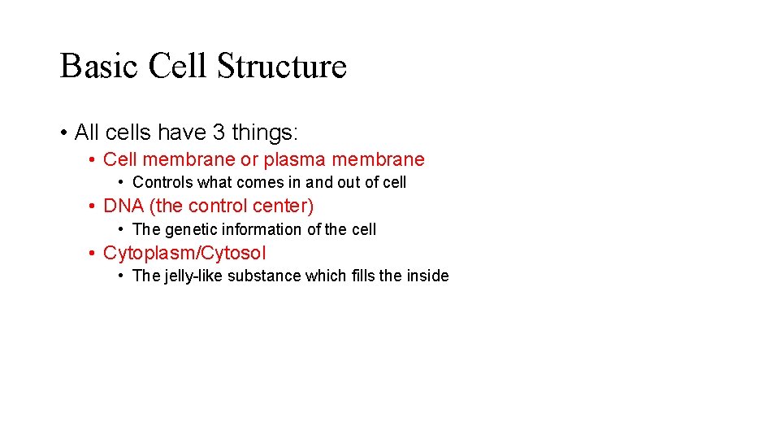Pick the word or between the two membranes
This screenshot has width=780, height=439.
coord(249,159)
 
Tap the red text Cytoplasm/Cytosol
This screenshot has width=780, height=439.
coord(184,253)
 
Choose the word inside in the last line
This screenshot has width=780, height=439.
coord(427,276)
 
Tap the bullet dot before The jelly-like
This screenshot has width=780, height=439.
coord(120,276)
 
